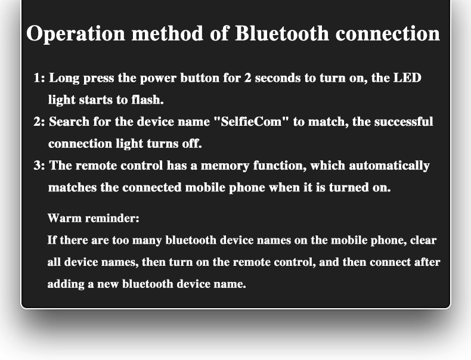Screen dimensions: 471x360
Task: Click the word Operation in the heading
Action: coord(75,33)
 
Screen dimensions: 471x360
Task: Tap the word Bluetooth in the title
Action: coord(282,33)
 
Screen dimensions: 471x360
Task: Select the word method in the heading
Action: coord(168,33)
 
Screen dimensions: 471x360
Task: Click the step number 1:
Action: coord(39,78)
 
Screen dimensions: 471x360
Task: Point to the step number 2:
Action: coord(39,122)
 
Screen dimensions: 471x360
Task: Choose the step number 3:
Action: coord(39,166)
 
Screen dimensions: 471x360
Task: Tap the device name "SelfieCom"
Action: coord(251,122)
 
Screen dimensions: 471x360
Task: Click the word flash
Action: coord(147,100)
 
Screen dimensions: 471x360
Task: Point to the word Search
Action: coord(69,122)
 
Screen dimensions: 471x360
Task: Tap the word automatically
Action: coord(389,166)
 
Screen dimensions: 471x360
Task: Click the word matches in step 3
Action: coord(72,187)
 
